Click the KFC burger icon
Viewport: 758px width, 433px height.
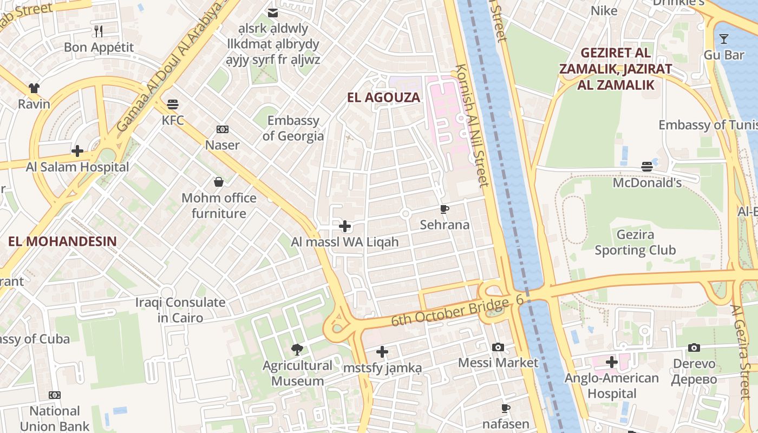point(173,104)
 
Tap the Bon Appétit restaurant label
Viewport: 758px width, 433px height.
point(99,47)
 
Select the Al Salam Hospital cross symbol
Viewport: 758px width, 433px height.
point(77,150)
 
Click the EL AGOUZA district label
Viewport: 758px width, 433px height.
point(384,97)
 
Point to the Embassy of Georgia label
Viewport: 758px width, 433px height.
point(293,128)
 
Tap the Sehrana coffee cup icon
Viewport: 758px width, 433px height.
point(445,209)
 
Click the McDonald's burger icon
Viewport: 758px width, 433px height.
point(647,167)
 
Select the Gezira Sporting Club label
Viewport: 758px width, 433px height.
point(635,242)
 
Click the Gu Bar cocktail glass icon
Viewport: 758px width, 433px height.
point(723,39)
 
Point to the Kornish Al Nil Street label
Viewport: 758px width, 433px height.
point(473,126)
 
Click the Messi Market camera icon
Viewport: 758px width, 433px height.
point(498,347)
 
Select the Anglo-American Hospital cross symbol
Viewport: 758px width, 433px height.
point(612,362)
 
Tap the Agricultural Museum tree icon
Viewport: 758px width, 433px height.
point(297,350)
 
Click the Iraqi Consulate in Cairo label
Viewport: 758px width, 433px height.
point(180,310)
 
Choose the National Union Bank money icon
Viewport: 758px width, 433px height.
point(55,395)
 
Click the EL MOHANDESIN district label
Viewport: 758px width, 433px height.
point(63,241)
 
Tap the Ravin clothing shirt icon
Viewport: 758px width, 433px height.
point(34,88)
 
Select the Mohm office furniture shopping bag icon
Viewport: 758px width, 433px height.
point(219,182)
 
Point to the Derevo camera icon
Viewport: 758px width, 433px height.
point(694,347)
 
